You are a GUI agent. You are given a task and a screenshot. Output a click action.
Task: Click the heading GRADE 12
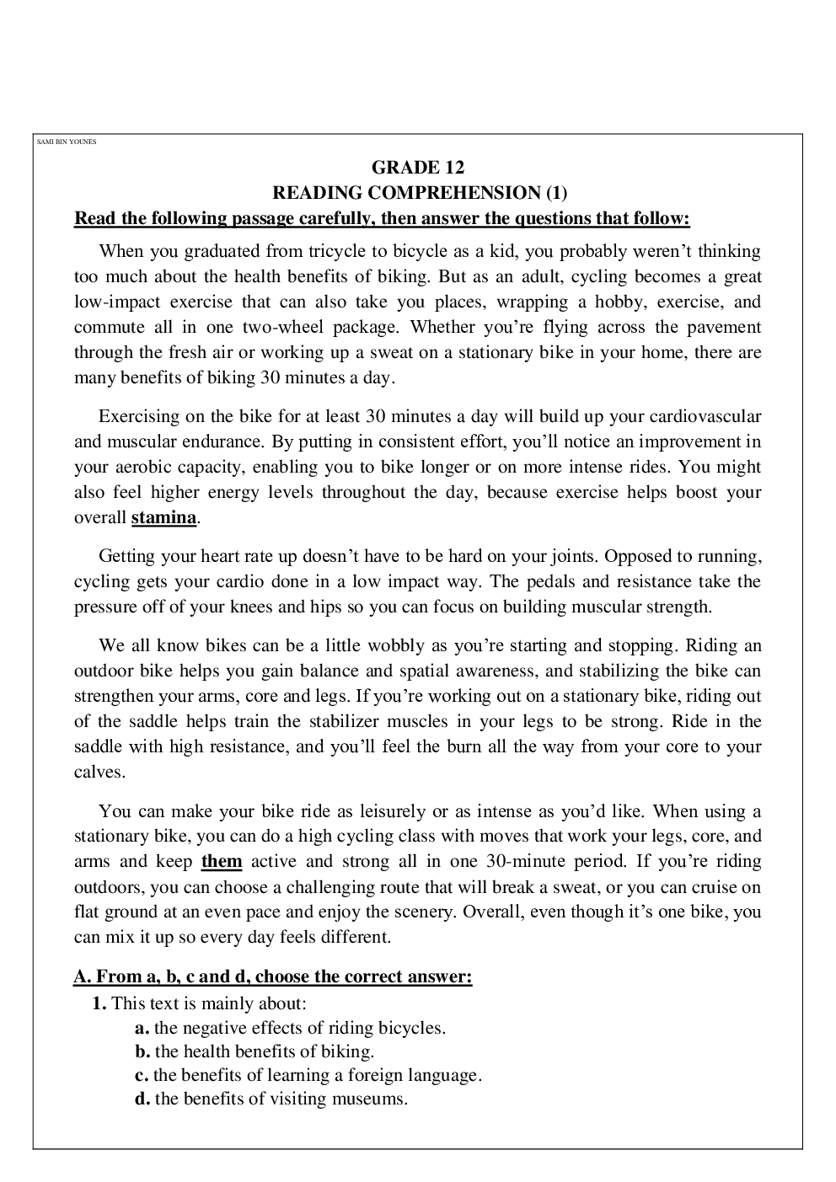click(418, 168)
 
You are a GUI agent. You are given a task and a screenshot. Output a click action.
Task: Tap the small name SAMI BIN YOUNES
click(67, 142)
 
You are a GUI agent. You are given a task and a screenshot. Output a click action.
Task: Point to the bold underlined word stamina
click(163, 517)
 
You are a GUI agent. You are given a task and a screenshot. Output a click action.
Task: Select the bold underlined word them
click(222, 861)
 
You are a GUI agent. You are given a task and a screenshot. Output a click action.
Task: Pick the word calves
click(99, 772)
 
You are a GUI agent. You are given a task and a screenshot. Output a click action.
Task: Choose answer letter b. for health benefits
click(142, 1051)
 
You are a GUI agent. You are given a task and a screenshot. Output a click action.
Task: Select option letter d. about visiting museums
click(142, 1099)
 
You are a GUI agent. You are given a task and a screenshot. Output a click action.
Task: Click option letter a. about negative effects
click(142, 1028)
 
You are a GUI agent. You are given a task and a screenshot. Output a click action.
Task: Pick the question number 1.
click(99, 1003)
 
